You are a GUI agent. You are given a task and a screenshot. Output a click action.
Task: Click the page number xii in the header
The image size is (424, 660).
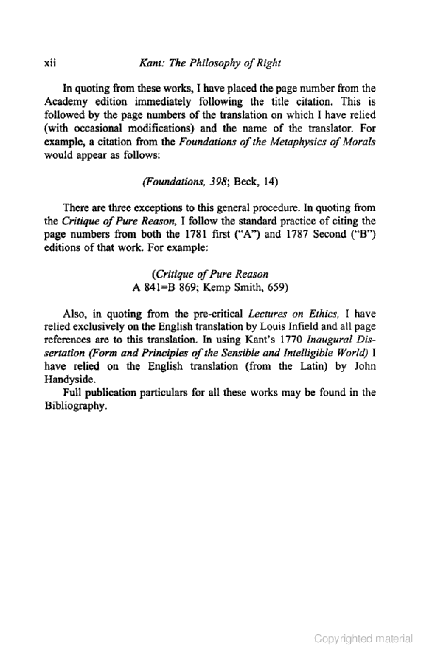50,63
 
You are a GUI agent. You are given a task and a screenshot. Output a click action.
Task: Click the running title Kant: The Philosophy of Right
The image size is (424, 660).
210,63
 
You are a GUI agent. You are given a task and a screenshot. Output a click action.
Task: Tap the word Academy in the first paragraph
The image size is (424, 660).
66,102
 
